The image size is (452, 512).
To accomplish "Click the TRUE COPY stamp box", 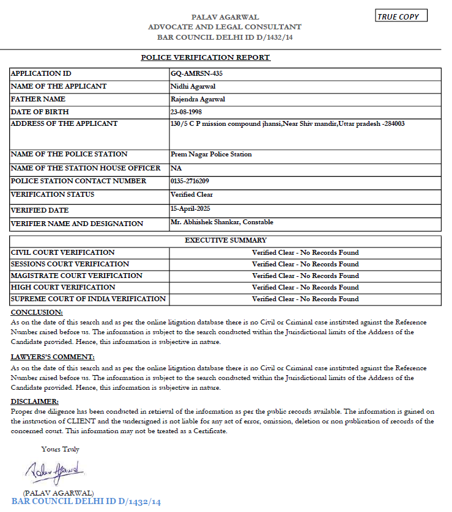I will coord(401,16).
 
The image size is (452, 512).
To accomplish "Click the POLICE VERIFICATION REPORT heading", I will coord(206,57).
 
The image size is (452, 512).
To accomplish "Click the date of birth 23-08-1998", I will coord(187,112).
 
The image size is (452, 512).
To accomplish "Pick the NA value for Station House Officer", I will coord(176,168).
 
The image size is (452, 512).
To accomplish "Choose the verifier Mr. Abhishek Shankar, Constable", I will coord(222,222).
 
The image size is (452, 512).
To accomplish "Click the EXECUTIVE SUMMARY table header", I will coord(226,241).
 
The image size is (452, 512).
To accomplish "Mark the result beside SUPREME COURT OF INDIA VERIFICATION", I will coord(305,299).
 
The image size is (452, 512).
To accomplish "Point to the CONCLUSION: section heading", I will coord(33,312).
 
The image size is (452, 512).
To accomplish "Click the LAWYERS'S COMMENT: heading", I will coord(53,357).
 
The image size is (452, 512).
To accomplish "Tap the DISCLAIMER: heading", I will coord(35,401).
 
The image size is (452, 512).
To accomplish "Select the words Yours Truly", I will coord(60,449).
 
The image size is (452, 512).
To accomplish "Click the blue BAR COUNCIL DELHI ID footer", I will coord(86,502).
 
